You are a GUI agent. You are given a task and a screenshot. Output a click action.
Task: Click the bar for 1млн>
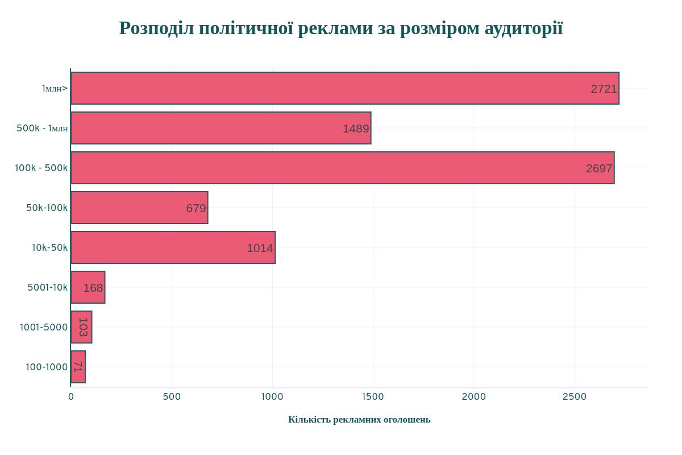click(344, 88)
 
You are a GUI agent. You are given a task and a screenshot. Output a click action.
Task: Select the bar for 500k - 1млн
click(221, 128)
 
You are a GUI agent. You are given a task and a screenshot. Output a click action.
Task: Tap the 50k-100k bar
click(139, 208)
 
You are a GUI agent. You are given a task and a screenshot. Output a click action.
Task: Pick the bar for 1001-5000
click(81, 327)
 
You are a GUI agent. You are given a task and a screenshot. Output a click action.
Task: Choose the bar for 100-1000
click(78, 367)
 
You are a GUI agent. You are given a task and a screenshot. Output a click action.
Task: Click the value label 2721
click(604, 89)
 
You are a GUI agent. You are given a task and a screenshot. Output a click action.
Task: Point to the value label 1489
click(356, 129)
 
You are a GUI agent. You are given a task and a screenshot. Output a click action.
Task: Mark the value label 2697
click(599, 168)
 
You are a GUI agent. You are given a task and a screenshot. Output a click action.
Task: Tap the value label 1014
click(260, 248)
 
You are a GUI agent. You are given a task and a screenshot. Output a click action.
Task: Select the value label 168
click(93, 288)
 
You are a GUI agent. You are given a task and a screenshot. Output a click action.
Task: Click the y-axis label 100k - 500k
click(41, 168)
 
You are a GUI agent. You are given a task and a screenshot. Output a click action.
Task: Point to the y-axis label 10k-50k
click(49, 247)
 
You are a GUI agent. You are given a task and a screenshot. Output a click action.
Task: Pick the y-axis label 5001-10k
click(47, 287)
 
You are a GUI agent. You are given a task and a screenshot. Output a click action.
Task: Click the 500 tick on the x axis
click(172, 397)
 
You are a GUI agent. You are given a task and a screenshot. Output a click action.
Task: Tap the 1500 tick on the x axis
click(373, 397)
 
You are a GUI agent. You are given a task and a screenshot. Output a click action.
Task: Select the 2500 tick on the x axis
click(575, 397)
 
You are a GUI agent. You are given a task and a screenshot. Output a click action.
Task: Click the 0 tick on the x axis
click(71, 397)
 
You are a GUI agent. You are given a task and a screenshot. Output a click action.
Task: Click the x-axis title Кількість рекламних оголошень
click(359, 420)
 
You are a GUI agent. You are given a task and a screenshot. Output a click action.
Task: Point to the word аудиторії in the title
click(523, 28)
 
